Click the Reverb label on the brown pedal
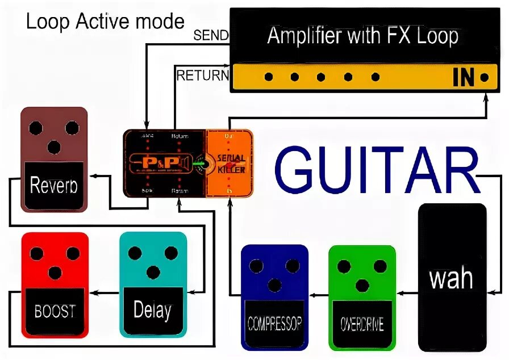tap(54, 185)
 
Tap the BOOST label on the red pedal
tap(55, 311)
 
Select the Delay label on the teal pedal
tap(152, 310)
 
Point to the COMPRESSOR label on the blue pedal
tap(275, 324)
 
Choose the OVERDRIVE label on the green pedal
tap(362, 324)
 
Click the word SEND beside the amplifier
tap(211, 35)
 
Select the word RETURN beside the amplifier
tap(202, 75)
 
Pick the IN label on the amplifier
tap(464, 78)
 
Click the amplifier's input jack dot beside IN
tap(484, 77)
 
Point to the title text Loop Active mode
tap(105, 22)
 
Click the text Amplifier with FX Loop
tap(362, 36)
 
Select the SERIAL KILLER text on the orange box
tap(230, 164)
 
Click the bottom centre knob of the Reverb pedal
tap(54, 148)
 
